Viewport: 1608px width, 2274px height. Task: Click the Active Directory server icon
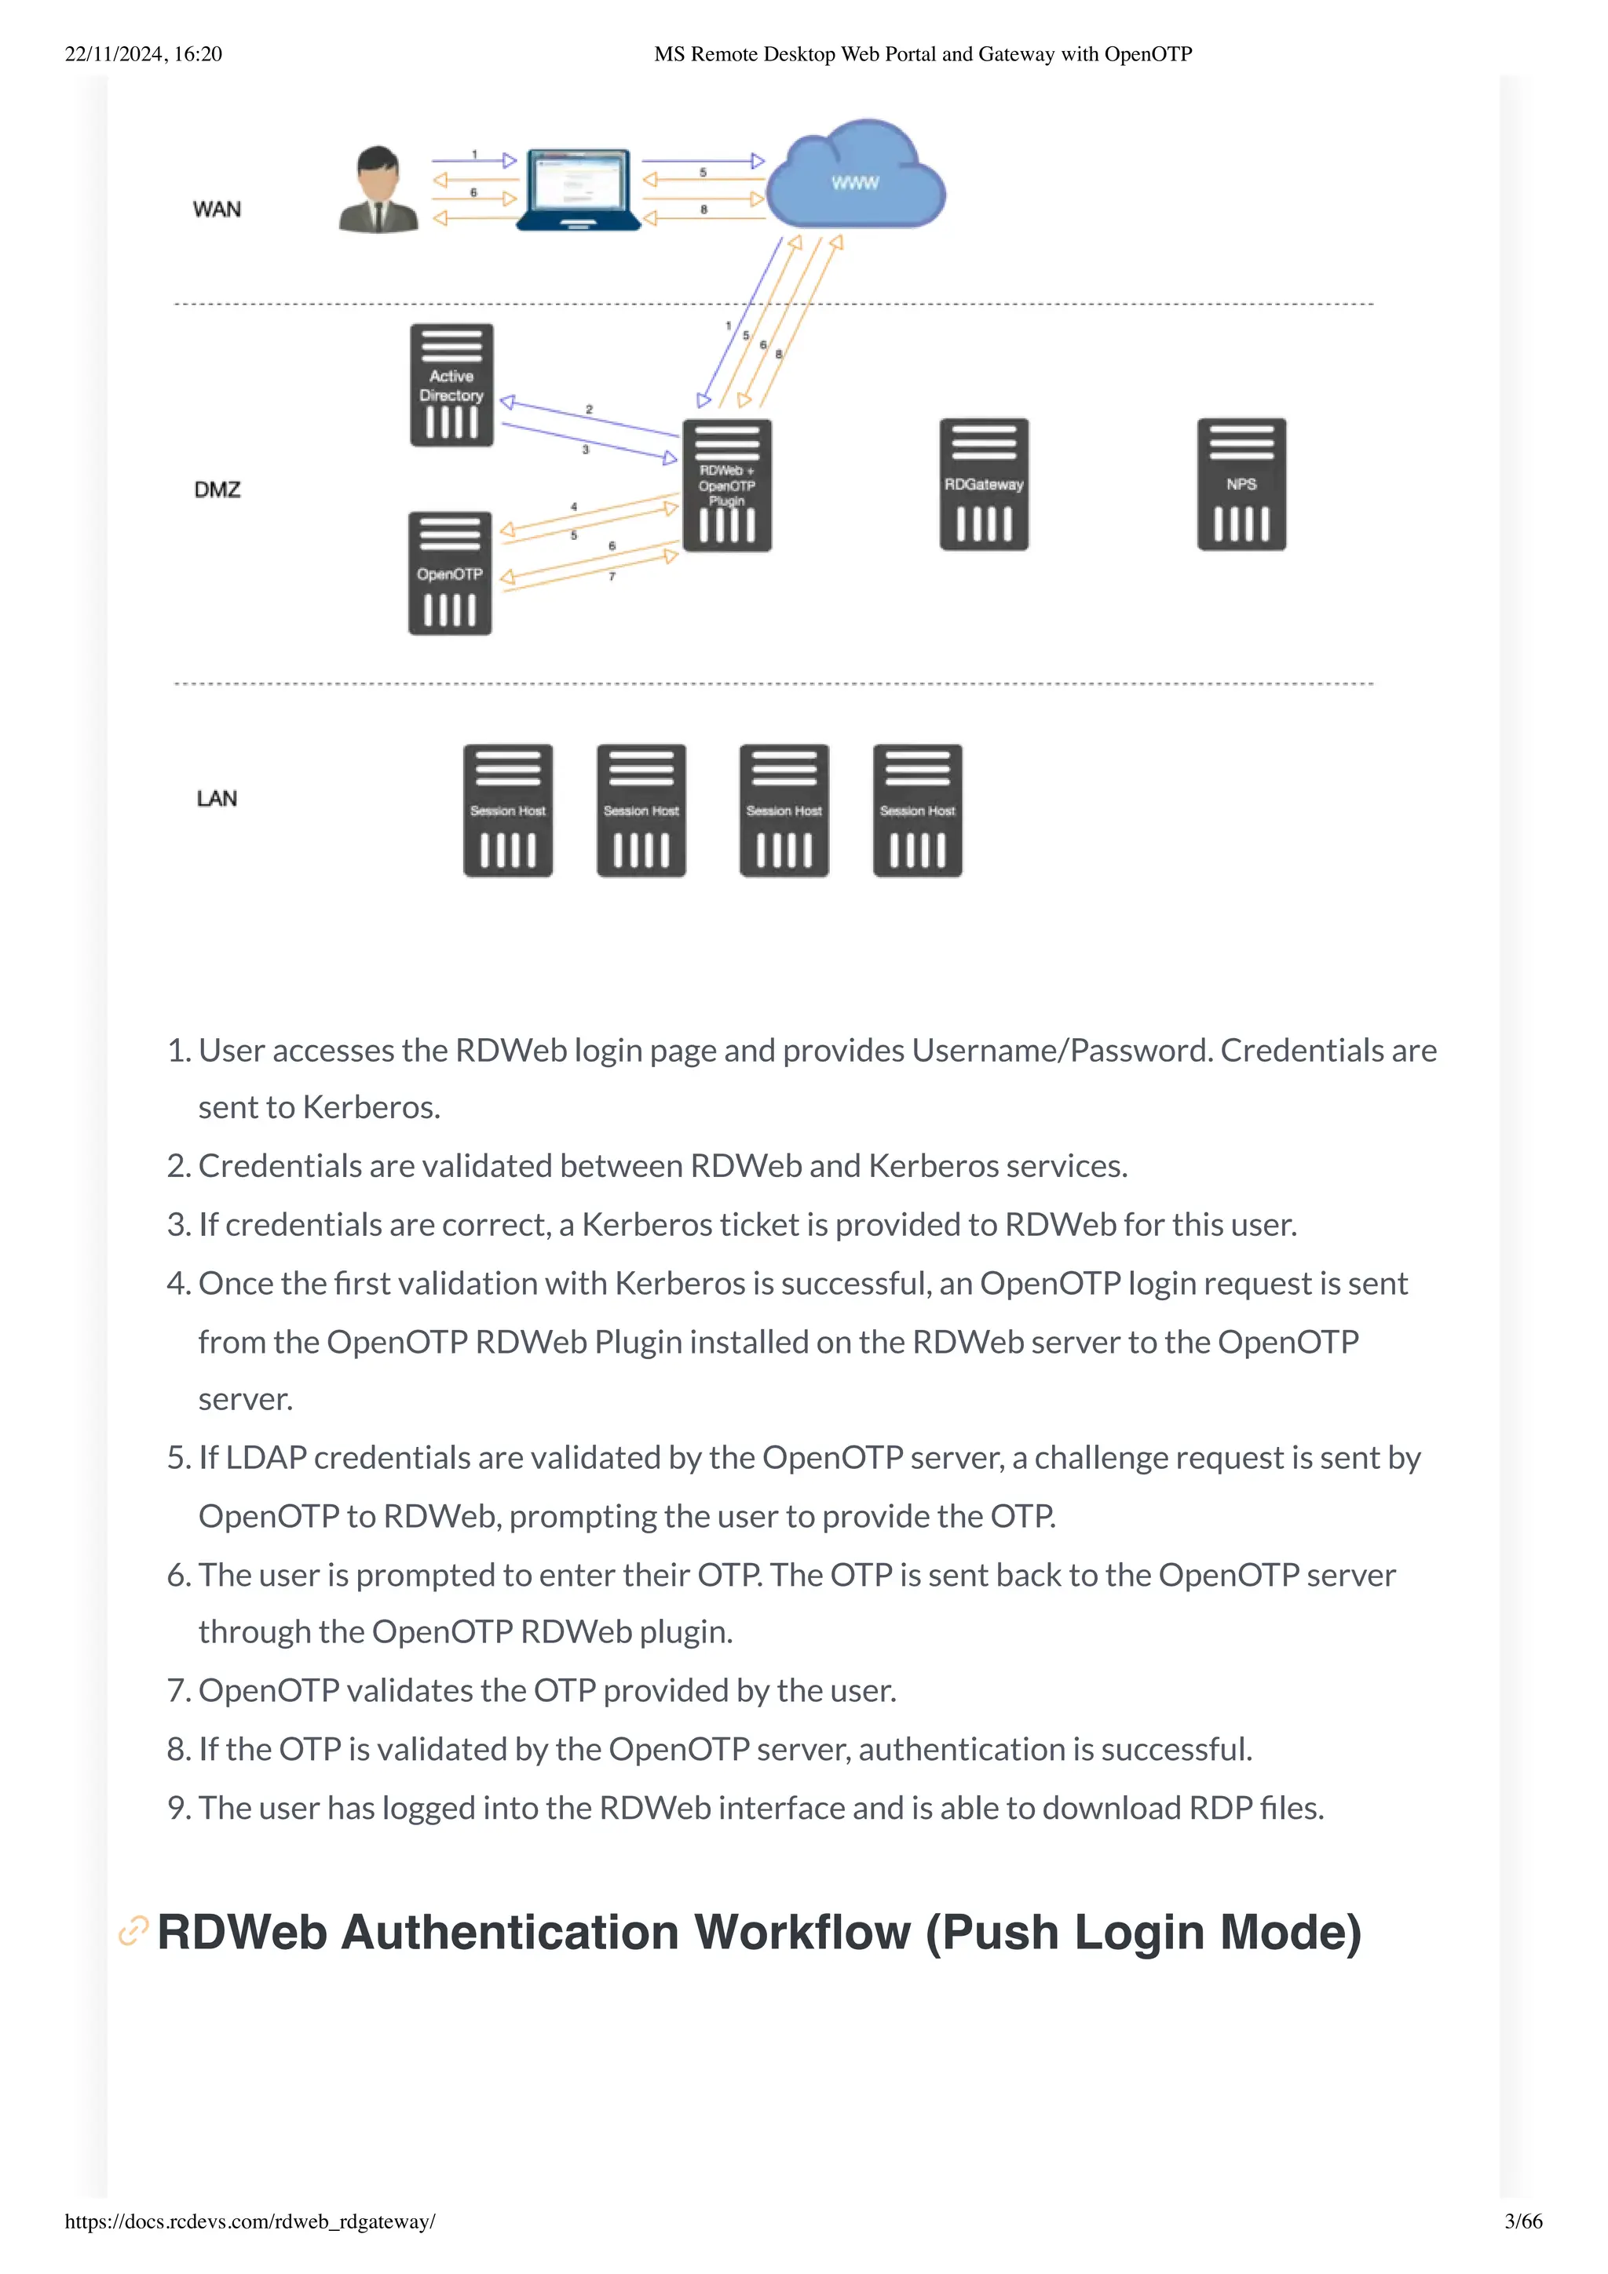[451, 385]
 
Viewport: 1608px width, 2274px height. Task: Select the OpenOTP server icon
[450, 574]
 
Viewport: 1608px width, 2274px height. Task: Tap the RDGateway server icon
[984, 484]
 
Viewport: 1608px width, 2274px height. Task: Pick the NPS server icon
[1241, 484]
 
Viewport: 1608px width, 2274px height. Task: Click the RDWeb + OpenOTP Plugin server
[727, 485]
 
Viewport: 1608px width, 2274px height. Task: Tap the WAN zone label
[217, 209]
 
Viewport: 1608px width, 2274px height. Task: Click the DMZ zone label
[217, 490]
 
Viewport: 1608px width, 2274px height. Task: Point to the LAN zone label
[217, 798]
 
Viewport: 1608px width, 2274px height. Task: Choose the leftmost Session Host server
[508, 810]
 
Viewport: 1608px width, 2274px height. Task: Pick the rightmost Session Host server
[917, 810]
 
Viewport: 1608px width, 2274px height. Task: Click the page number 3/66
[1522, 2221]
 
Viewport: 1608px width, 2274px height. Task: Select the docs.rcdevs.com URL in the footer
[250, 2221]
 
